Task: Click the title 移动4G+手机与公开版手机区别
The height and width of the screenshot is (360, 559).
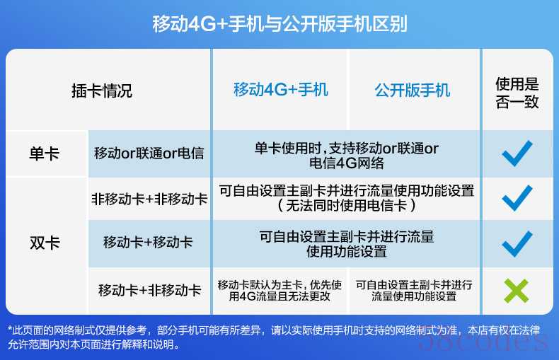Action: point(279,24)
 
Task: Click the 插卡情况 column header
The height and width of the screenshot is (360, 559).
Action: point(102,91)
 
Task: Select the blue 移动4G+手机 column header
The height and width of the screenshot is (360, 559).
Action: point(281,89)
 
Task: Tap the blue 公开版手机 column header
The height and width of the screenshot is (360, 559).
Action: point(412,91)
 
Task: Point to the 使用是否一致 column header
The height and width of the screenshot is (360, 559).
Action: point(517,93)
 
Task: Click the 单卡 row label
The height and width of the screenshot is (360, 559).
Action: point(45,154)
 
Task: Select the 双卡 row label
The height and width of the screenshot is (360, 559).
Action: point(45,243)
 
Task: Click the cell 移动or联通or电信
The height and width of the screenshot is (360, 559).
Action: point(149,153)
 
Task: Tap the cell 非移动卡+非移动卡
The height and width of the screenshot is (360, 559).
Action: point(149,199)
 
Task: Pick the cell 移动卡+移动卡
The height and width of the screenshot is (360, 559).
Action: point(148,243)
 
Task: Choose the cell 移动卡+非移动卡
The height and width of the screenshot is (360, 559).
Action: point(150,290)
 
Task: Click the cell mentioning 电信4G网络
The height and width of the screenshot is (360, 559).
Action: point(346,156)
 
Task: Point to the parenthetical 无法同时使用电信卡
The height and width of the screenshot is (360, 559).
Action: point(346,206)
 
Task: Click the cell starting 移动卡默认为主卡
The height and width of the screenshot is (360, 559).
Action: point(279,291)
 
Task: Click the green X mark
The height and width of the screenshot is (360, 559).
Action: point(517,291)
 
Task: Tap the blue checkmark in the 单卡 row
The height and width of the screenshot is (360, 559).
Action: point(517,153)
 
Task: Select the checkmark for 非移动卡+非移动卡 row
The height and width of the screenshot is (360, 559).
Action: point(517,198)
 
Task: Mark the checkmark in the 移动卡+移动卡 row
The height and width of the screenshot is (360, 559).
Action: point(517,244)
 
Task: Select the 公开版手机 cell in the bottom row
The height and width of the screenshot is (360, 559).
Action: point(414,291)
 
